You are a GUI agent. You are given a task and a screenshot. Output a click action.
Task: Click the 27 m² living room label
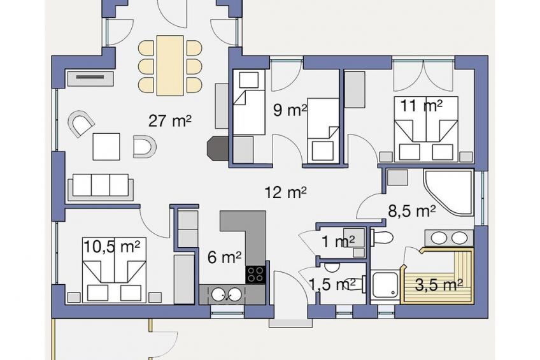point(170,121)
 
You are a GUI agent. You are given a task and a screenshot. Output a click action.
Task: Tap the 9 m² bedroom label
point(290,110)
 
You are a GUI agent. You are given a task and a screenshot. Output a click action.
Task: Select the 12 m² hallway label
point(285,192)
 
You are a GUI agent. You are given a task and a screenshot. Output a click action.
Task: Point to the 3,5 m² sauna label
point(438,285)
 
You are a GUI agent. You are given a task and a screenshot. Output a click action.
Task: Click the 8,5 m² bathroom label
point(412,211)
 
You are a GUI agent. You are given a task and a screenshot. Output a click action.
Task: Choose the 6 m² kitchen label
point(225,257)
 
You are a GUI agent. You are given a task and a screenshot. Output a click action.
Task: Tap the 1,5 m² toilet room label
point(332,285)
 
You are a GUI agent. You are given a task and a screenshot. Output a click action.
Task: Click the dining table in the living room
point(170,66)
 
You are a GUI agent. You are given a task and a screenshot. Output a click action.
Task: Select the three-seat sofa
point(101,186)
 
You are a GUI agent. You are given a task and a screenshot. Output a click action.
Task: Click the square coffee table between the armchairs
point(106,147)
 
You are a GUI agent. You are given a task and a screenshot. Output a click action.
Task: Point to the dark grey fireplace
point(217,148)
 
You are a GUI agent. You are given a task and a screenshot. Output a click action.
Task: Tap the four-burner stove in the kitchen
point(255,275)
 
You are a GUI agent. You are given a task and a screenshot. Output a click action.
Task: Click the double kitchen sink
point(226,294)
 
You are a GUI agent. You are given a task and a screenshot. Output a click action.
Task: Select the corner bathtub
point(448,192)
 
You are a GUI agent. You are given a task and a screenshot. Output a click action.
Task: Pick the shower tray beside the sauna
point(385,285)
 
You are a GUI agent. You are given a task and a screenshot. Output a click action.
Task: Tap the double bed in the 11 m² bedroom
point(427,129)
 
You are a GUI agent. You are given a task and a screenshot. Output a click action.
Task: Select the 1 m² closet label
point(338,241)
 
